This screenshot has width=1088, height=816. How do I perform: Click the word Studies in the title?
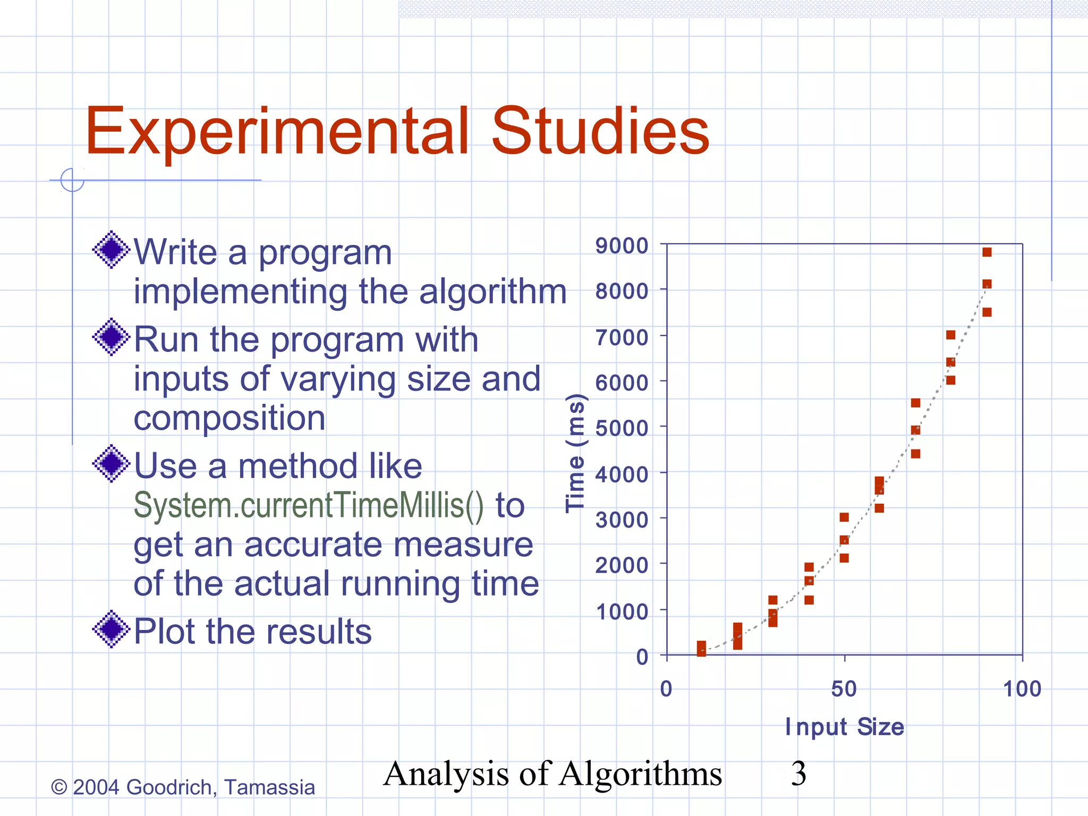(x=600, y=131)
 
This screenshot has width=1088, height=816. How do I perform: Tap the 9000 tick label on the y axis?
(x=622, y=246)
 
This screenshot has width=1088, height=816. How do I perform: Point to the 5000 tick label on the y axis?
(x=622, y=428)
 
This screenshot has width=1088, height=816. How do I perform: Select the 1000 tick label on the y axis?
(x=622, y=611)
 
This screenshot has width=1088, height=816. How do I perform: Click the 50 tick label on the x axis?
(x=844, y=689)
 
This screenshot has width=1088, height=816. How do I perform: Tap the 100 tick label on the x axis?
(x=1022, y=689)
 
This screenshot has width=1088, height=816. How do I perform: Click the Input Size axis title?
(x=844, y=727)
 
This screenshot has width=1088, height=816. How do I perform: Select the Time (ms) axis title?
(x=575, y=453)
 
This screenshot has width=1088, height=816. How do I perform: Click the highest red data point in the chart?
(x=987, y=252)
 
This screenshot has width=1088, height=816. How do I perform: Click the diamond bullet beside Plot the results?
(x=111, y=629)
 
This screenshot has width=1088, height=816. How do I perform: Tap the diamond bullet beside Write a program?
(x=111, y=250)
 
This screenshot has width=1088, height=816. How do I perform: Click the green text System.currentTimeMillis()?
(x=308, y=505)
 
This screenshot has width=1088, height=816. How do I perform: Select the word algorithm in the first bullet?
(x=492, y=292)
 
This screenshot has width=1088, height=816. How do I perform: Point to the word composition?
(x=229, y=418)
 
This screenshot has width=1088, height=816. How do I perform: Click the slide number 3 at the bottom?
(x=798, y=773)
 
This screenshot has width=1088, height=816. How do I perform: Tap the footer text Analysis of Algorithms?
(x=552, y=773)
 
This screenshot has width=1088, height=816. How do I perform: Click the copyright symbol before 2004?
(x=58, y=787)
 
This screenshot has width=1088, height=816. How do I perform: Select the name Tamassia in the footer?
(x=269, y=787)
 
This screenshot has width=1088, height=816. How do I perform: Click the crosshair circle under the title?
(x=72, y=180)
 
